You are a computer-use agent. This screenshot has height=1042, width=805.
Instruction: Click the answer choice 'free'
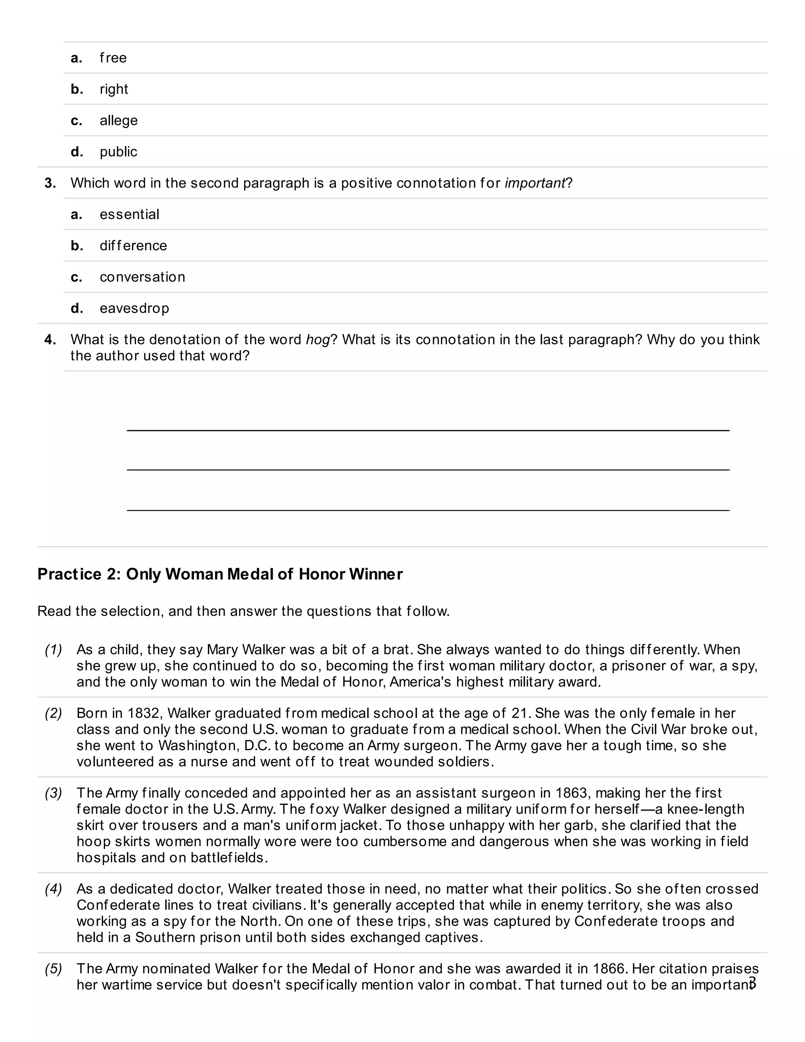coord(113,58)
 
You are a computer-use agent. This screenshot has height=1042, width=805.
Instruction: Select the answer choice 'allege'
coord(118,120)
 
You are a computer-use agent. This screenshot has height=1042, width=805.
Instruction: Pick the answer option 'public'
coord(118,152)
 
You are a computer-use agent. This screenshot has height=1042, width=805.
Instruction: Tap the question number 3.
coord(50,183)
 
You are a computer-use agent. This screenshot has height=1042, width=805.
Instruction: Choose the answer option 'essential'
coord(129,214)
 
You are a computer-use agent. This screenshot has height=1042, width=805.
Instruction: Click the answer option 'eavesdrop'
coord(134,308)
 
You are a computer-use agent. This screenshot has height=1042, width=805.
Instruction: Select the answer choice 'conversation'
coord(142,277)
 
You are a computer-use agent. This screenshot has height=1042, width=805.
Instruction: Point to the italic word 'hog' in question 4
coord(317,340)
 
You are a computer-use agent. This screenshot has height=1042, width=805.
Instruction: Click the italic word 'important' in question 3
coord(535,183)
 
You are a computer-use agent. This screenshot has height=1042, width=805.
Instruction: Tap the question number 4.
coord(50,340)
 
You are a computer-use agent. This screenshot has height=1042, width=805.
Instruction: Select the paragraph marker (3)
coord(53,793)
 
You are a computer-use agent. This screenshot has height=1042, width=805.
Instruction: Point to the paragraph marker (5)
coord(53,968)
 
